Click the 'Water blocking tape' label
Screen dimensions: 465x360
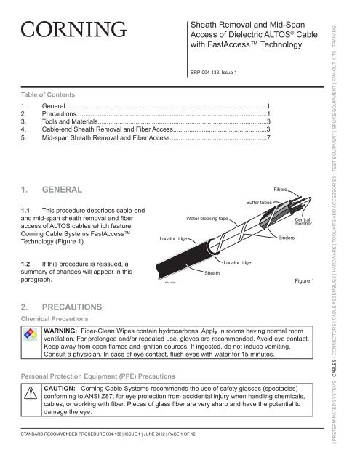[208, 216]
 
